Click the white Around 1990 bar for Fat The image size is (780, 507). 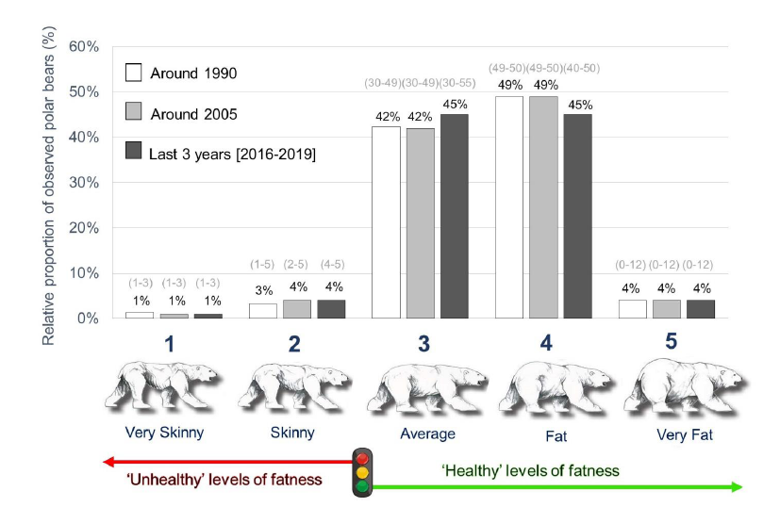click(508, 207)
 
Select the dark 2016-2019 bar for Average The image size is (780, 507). click(454, 216)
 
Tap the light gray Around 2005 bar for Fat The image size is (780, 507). click(542, 207)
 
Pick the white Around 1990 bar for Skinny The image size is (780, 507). click(263, 311)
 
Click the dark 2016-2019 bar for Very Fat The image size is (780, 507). click(699, 309)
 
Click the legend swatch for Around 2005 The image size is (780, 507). click(133, 113)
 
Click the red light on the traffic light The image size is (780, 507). click(361, 458)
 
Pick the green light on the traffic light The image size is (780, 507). click(361, 486)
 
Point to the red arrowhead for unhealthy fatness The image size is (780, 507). click(109, 462)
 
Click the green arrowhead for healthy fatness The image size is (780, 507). click(737, 486)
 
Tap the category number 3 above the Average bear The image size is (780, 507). click(424, 345)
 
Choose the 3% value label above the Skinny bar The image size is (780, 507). click(263, 290)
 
